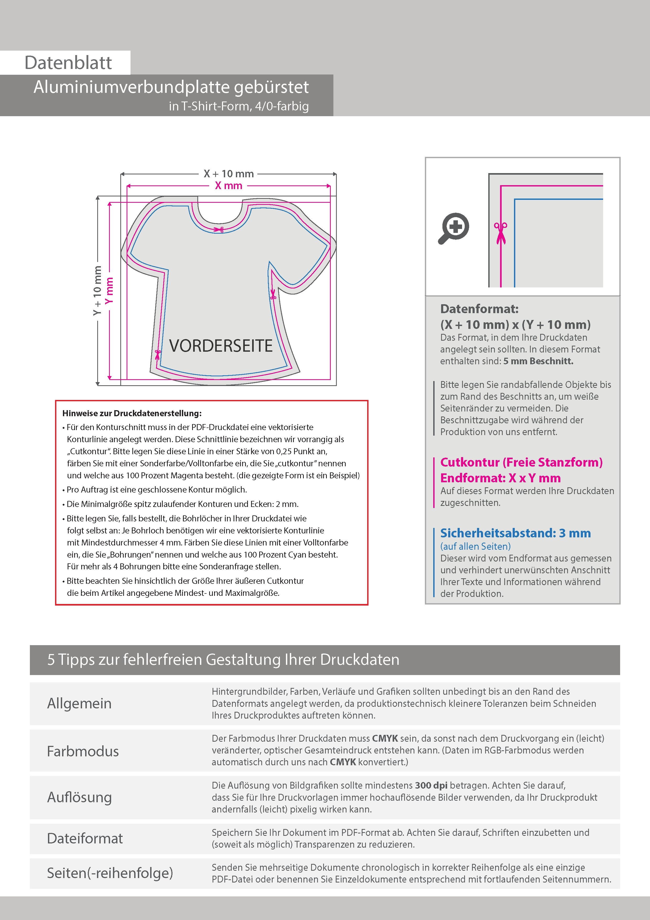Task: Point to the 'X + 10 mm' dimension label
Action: pyautogui.click(x=229, y=174)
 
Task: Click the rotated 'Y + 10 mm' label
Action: pyautogui.click(x=97, y=291)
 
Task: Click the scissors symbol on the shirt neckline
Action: pyautogui.click(x=219, y=229)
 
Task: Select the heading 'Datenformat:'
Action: pyautogui.click(x=479, y=309)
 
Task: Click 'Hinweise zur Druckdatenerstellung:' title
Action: pyautogui.click(x=132, y=413)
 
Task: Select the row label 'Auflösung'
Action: pyautogui.click(x=79, y=797)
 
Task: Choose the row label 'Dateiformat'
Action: pyautogui.click(x=85, y=838)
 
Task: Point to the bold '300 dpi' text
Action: pyautogui.click(x=431, y=785)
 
